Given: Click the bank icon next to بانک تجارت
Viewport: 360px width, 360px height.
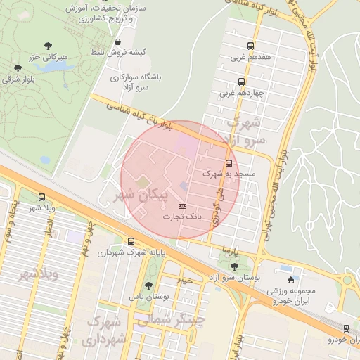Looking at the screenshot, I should [x=182, y=206].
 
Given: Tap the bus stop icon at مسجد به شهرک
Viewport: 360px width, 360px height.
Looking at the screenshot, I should [x=229, y=163].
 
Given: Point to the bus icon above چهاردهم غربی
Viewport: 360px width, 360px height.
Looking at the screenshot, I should [x=241, y=82].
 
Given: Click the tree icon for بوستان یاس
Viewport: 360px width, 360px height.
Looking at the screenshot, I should [x=148, y=285].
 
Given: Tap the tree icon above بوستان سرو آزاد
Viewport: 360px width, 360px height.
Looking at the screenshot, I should [x=233, y=266].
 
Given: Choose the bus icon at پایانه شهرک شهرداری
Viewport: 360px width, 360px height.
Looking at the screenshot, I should [x=131, y=241].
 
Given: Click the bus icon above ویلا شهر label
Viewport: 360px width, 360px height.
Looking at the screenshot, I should [x=41, y=198].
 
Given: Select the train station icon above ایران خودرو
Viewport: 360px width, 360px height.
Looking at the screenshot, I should [x=345, y=328].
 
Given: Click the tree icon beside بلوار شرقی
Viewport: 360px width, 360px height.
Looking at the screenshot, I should [x=17, y=68].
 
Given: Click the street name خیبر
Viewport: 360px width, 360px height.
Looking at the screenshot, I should [x=184, y=280].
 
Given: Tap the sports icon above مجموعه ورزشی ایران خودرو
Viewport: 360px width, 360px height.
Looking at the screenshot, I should [x=290, y=281].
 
